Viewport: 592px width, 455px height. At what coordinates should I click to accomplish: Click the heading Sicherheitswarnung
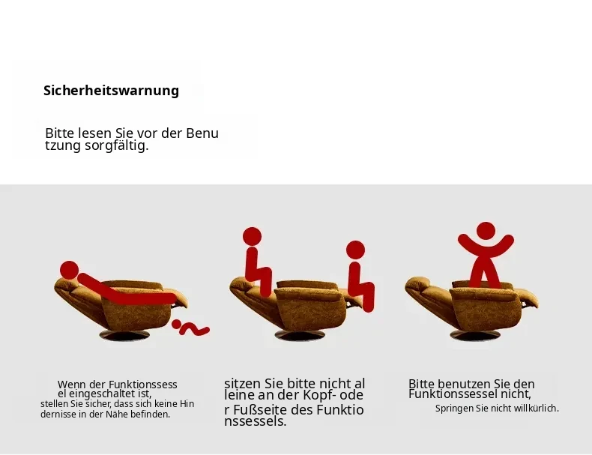111,91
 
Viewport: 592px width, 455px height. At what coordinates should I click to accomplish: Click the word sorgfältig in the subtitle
116,145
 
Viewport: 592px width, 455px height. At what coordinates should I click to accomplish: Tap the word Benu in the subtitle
202,133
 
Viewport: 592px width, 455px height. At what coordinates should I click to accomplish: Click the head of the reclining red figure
70,270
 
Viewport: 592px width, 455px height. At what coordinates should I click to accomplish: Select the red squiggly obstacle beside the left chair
190,328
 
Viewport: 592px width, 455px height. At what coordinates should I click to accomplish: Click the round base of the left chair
124,335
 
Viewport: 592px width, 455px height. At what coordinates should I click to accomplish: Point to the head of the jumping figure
486,231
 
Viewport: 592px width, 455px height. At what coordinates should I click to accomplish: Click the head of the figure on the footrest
355,250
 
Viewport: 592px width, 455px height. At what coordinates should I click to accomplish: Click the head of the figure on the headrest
253,237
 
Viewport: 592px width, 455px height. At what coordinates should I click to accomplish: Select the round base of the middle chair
300,335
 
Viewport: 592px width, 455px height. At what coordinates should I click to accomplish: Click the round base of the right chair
475,334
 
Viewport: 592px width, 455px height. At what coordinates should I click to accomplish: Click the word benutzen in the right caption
470,384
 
